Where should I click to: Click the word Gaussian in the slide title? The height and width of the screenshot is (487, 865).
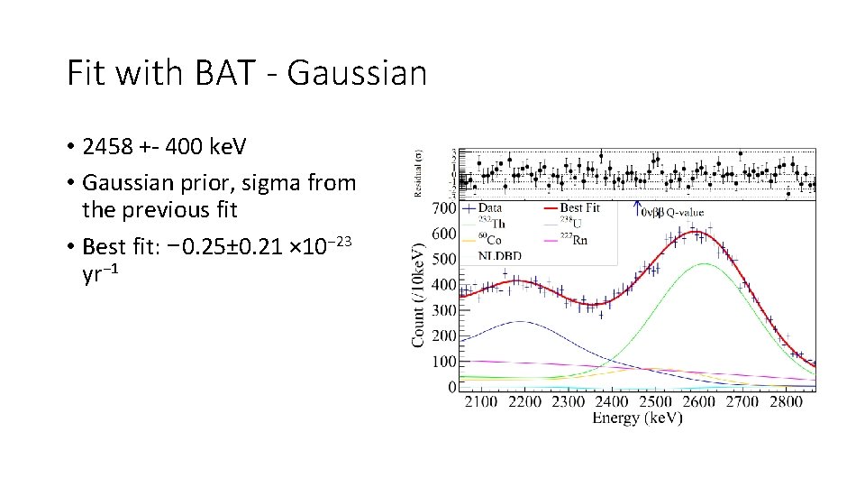point(357,72)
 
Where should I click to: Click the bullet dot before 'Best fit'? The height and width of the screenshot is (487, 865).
point(70,245)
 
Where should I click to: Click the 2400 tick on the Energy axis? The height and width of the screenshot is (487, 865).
point(612,401)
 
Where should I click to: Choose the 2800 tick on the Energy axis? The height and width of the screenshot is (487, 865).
point(788,401)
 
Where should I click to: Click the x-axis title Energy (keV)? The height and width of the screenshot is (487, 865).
point(637,418)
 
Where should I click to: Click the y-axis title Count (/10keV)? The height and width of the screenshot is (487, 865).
point(419,292)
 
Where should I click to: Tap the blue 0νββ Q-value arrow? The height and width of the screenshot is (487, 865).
point(636,208)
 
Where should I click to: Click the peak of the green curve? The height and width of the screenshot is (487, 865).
point(703,263)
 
